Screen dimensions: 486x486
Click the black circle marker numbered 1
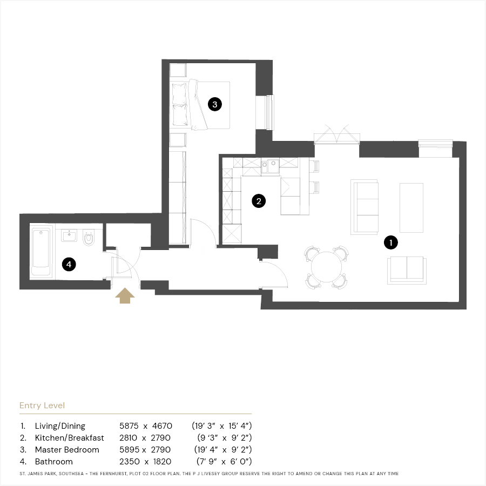tap(390, 242)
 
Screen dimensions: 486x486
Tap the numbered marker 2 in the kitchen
tap(259, 201)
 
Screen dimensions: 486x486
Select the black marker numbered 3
tap(215, 104)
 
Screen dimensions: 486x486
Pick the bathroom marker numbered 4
tap(69, 264)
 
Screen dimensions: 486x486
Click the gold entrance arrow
tap(125, 296)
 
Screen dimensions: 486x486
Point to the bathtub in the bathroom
tap(41, 252)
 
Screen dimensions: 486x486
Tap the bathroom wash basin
tap(69, 235)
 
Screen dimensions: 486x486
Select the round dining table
tap(326, 267)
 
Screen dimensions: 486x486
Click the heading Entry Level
tap(42, 406)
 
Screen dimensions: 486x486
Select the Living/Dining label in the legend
tap(60, 426)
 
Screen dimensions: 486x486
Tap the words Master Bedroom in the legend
tap(67, 450)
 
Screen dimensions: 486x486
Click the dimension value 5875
tap(129, 426)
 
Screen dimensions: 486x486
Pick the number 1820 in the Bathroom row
tap(162, 462)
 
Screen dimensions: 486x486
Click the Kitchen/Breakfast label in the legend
tap(70, 437)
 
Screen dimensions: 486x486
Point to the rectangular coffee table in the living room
tap(411, 207)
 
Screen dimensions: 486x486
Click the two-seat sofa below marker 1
tap(407, 270)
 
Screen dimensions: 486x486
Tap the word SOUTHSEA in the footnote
tap(71, 474)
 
